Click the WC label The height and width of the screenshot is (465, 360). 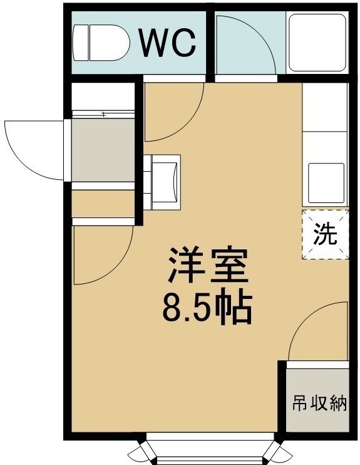[x=168, y=43]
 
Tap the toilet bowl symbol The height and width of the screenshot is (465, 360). [x=110, y=43]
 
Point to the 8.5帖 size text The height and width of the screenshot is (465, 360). [x=207, y=308]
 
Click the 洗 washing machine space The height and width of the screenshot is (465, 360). [x=326, y=234]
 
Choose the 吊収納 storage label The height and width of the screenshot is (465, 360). [x=319, y=404]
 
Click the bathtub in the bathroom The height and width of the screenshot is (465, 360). [x=317, y=43]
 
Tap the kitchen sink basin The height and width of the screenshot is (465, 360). [x=327, y=183]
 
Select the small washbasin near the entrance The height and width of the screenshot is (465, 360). [x=166, y=182]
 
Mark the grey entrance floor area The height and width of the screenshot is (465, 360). [x=103, y=150]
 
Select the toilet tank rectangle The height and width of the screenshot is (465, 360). [x=80, y=43]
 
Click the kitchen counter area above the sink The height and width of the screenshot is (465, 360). [x=325, y=107]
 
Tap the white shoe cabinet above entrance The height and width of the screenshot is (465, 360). [x=103, y=97]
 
